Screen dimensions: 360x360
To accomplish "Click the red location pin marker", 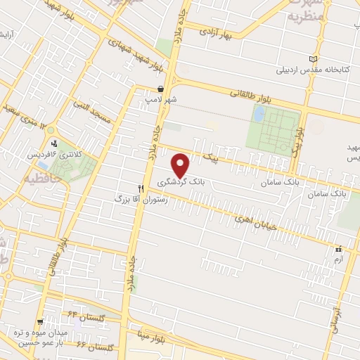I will [181, 165].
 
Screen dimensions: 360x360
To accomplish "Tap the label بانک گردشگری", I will [187, 182].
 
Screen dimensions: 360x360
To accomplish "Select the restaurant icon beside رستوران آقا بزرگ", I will [141, 188].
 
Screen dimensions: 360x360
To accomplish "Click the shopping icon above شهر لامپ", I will [162, 89].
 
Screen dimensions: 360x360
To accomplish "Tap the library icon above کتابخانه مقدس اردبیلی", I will [313, 59].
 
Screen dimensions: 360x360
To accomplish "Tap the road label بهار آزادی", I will [215, 32].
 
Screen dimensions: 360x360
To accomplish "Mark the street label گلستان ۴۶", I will [94, 347].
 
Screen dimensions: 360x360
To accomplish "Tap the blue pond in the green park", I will [259, 113].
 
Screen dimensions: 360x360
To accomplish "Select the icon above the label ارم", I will [338, 248].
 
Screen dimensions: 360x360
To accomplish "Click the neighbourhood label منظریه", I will [307, 14].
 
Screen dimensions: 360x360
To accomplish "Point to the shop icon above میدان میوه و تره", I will [41, 320].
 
